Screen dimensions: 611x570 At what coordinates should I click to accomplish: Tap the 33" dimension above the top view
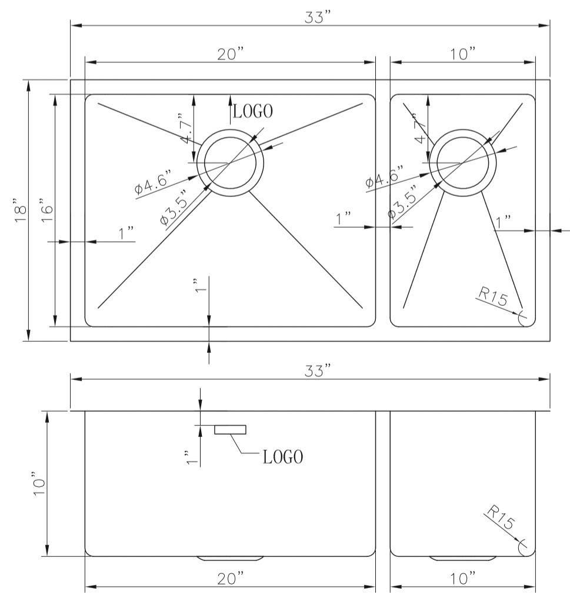point(318,17)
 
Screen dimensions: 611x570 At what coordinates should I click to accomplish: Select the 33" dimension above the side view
point(318,370)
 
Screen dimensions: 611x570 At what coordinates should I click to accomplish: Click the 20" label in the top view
point(231,54)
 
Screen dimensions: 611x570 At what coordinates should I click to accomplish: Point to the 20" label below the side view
point(231,579)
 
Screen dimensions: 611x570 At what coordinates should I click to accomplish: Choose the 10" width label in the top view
point(464,54)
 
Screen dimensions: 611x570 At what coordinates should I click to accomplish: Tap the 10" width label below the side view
point(464,579)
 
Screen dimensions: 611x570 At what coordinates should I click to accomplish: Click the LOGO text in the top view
point(253,111)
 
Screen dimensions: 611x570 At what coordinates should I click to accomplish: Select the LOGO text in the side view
point(283,457)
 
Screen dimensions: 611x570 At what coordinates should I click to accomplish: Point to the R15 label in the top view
point(492,297)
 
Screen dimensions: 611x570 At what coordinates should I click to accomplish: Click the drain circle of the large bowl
point(230,162)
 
